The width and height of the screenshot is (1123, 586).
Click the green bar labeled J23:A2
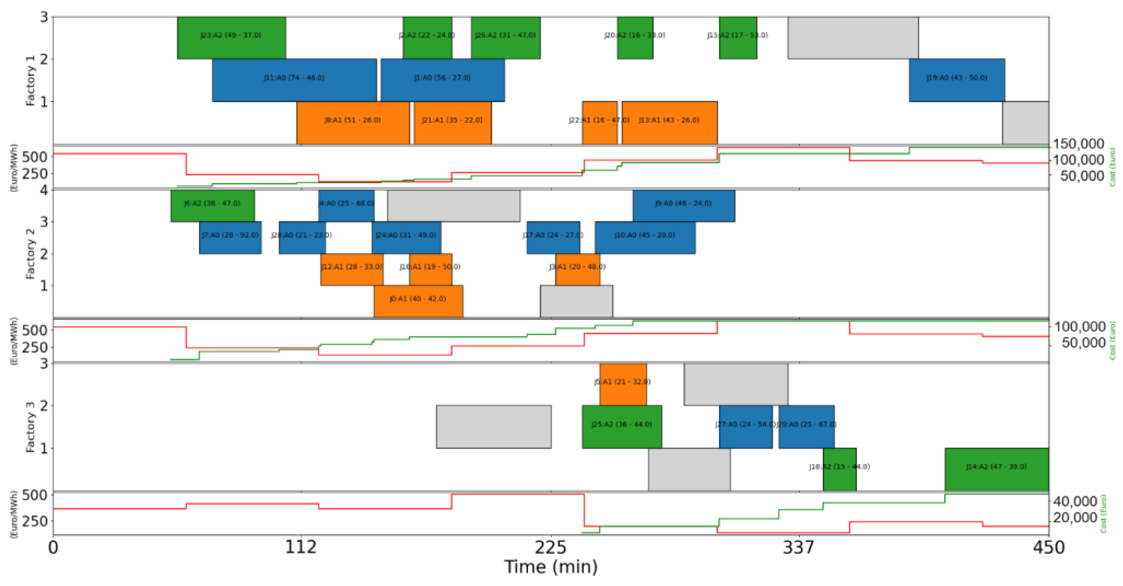(x=231, y=38)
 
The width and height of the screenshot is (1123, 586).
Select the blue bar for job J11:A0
(x=294, y=80)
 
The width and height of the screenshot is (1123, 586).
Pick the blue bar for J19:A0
(x=957, y=80)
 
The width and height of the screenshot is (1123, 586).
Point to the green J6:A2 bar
(x=212, y=206)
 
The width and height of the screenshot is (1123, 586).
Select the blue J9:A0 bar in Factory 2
(x=683, y=206)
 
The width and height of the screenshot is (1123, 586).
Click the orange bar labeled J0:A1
(x=418, y=301)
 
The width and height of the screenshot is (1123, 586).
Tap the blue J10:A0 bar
(x=645, y=238)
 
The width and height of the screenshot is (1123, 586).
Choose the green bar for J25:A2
(x=622, y=427)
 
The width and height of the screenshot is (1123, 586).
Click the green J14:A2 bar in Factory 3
(x=997, y=469)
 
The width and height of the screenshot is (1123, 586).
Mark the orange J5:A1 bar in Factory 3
(x=623, y=384)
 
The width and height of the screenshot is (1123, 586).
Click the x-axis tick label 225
(x=551, y=547)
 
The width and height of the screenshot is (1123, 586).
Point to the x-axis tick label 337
(x=799, y=547)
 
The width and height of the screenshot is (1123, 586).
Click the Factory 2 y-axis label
(x=30, y=254)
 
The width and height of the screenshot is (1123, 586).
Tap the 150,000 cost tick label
(x=1078, y=144)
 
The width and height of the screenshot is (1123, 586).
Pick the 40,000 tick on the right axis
(x=1075, y=501)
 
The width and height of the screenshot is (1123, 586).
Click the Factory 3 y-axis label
(x=30, y=427)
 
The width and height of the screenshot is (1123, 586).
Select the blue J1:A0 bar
(x=442, y=80)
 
